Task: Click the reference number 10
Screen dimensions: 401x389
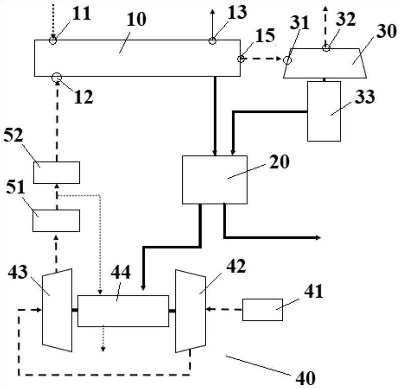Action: [136, 19]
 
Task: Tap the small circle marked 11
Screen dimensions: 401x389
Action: [53, 40]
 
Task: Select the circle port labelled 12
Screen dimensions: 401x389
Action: [57, 77]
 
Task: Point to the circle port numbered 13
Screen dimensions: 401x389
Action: [212, 41]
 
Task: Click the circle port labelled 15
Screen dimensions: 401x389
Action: [241, 59]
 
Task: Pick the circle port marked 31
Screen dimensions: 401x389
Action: [287, 60]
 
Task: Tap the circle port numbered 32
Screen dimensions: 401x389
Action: [326, 48]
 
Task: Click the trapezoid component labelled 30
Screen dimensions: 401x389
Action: [325, 63]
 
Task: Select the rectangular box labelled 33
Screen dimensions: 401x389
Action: [324, 111]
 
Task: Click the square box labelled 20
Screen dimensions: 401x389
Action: [215, 179]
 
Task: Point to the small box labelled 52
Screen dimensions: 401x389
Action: [57, 172]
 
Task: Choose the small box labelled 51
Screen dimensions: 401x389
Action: [56, 221]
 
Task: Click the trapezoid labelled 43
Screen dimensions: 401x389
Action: [57, 310]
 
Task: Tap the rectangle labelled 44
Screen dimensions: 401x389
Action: [123, 311]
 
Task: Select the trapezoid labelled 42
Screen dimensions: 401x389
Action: [190, 311]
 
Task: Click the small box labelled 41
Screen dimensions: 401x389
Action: [262, 309]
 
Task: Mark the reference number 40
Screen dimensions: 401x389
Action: [305, 378]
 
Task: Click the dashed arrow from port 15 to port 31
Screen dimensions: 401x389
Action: [263, 59]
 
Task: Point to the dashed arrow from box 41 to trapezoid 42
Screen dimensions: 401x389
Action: [224, 309]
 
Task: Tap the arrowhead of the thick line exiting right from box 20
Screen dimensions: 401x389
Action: [319, 238]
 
